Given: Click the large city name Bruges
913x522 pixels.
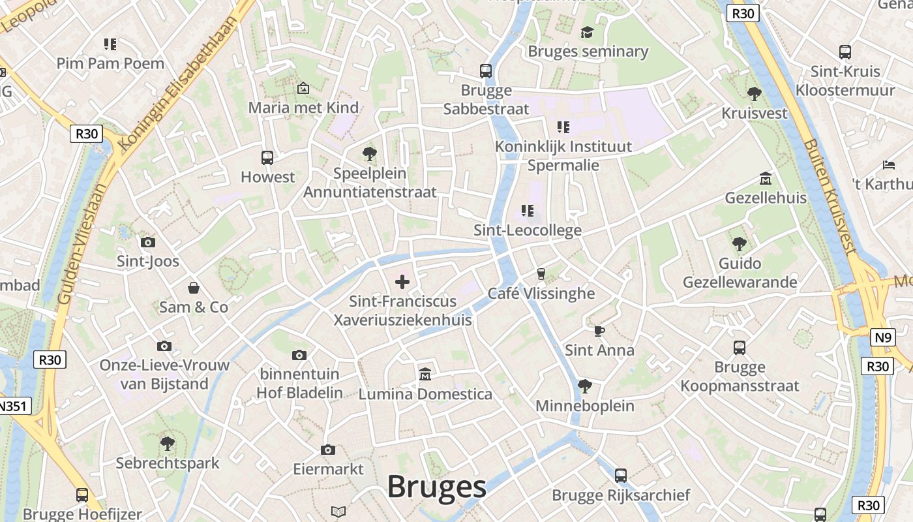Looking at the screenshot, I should (436, 487).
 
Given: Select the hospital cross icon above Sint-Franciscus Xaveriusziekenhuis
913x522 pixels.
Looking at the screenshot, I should (402, 282).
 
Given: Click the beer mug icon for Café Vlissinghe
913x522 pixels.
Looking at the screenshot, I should (541, 273).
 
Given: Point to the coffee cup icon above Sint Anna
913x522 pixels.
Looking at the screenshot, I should (599, 331).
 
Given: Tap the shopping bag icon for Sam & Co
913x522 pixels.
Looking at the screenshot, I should (194, 288).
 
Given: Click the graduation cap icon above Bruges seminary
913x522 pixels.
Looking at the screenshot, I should (587, 32).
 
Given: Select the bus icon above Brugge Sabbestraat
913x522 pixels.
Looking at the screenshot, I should (486, 71).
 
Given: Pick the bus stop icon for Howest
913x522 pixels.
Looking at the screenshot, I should (267, 157).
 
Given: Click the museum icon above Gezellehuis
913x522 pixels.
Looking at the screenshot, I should (766, 178).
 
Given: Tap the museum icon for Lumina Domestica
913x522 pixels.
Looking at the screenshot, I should (425, 375).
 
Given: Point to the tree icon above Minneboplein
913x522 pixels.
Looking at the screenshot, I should (585, 386).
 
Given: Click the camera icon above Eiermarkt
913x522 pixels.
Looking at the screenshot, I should (328, 450).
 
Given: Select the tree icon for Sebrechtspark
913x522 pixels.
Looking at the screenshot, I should (168, 444).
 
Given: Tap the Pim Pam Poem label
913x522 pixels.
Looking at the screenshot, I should (110, 63).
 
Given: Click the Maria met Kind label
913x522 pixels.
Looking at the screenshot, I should (303, 108).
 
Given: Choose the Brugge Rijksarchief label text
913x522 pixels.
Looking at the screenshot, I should (621, 495).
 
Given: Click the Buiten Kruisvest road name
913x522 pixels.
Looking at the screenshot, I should (829, 195).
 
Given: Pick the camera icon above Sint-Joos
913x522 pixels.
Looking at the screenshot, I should (148, 242).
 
